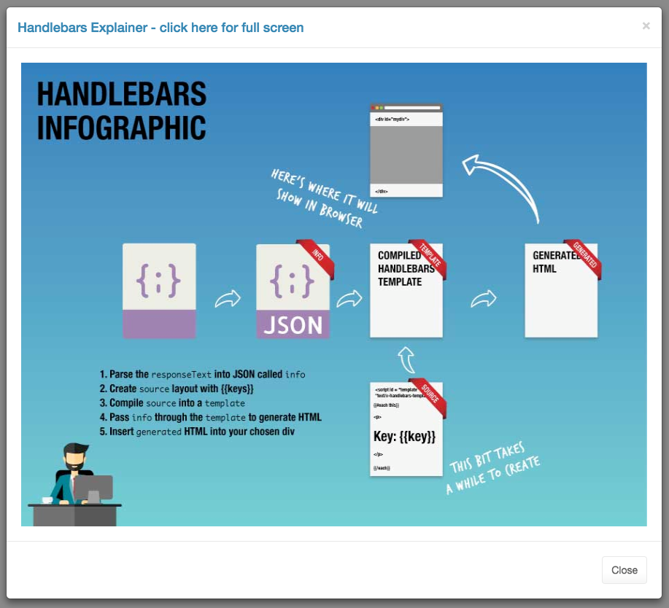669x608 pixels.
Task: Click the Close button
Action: tap(624, 570)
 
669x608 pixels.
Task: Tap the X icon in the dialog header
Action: tap(646, 26)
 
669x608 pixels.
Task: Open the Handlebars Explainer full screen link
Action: tap(161, 28)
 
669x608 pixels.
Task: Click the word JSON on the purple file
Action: tap(293, 324)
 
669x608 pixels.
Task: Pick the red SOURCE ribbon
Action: tap(428, 394)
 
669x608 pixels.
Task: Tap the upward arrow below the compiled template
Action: tap(406, 359)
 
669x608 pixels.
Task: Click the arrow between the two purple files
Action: tap(227, 299)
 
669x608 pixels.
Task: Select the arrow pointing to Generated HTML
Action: tap(484, 298)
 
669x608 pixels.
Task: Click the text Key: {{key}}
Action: tap(404, 436)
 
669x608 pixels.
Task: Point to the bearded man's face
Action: tap(74, 459)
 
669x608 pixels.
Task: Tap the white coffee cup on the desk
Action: tap(47, 500)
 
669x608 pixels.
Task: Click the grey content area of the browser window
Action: tap(406, 154)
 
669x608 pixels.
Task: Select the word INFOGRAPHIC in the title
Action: tap(121, 126)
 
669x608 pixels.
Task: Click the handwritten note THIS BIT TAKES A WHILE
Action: tap(493, 468)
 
